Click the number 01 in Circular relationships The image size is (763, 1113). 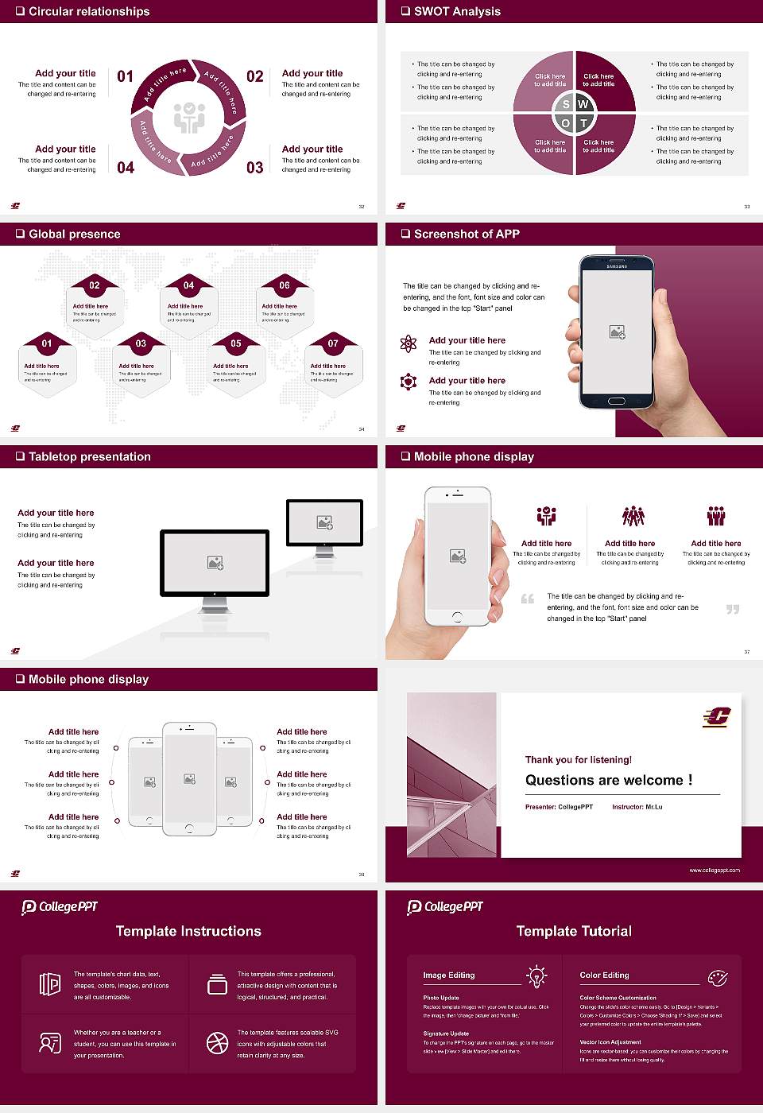(126, 76)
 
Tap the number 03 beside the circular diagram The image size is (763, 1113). (254, 168)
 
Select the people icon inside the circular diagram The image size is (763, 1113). (189, 117)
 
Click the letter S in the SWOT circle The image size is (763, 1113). (566, 104)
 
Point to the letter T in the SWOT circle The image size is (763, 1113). (584, 123)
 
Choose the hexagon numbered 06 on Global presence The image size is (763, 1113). (285, 285)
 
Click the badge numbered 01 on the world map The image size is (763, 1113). (47, 343)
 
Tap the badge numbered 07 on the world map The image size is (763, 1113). (333, 343)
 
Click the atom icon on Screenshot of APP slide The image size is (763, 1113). (409, 343)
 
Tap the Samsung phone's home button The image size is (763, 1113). (617, 401)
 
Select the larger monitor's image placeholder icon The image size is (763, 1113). (215, 563)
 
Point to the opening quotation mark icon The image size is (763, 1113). (528, 599)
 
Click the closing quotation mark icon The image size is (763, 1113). (733, 609)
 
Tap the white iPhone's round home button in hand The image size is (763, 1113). (457, 616)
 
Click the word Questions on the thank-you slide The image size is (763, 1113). (560, 781)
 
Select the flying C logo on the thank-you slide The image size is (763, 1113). (716, 718)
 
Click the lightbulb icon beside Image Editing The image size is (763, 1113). (536, 975)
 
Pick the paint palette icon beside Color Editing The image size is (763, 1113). (717, 977)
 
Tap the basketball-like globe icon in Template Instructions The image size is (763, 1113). (217, 1042)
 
